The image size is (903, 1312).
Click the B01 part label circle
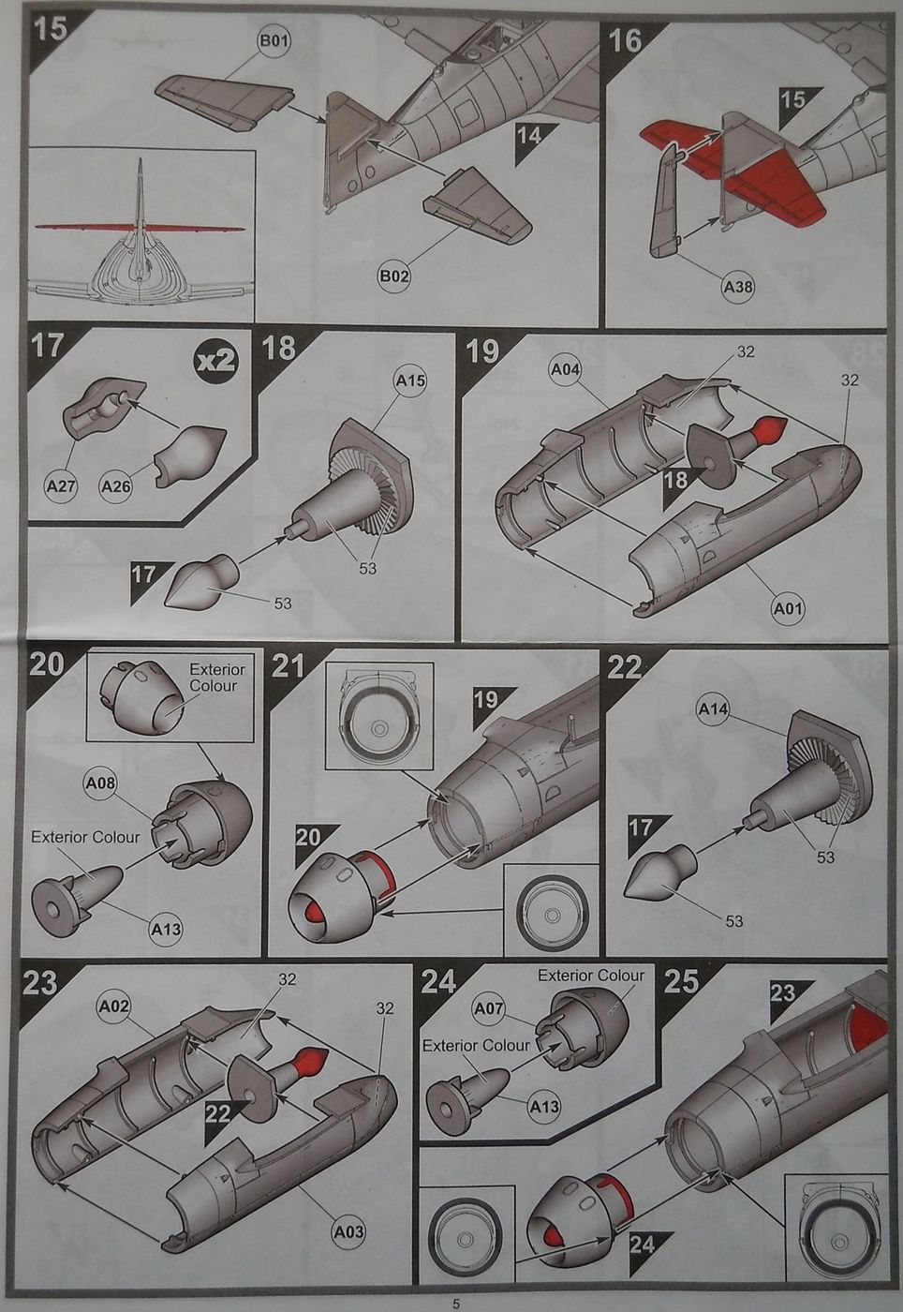tap(274, 40)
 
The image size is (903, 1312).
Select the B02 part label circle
tap(394, 276)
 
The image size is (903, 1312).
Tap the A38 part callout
tap(738, 288)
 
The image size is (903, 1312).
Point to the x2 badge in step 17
tap(215, 360)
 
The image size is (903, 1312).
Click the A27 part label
tap(62, 486)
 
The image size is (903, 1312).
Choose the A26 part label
tap(116, 486)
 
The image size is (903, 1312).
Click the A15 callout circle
tap(410, 381)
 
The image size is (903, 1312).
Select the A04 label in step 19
tap(565, 369)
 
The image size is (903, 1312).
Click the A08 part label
tap(100, 783)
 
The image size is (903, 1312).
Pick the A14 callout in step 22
tap(713, 710)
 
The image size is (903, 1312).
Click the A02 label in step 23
tap(113, 1006)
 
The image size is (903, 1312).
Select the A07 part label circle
tap(489, 1008)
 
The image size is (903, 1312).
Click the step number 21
tap(289, 666)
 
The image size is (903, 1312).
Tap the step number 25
tap(681, 981)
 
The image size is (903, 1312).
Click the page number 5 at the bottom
tap(455, 1303)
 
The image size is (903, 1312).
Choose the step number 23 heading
tap(39, 983)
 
